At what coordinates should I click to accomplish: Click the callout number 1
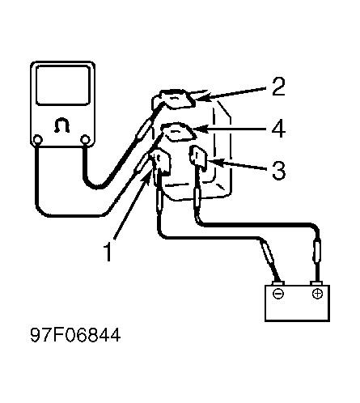(108, 252)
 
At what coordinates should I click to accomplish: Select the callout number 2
(278, 87)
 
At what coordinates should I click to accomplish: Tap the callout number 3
(278, 170)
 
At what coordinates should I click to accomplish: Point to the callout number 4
(278, 129)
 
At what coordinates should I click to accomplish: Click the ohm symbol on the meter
(62, 125)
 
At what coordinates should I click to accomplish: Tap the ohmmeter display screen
(62, 85)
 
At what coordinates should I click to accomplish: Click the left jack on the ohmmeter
(38, 140)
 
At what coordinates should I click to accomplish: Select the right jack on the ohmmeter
(85, 139)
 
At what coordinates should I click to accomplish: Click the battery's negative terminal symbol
(278, 294)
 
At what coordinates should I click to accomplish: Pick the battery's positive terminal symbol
(317, 293)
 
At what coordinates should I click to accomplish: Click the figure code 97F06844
(75, 335)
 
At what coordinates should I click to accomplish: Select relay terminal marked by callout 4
(177, 131)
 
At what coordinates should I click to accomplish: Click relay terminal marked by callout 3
(198, 157)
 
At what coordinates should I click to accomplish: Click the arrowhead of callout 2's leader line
(201, 96)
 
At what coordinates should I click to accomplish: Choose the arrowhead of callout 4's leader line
(201, 128)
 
